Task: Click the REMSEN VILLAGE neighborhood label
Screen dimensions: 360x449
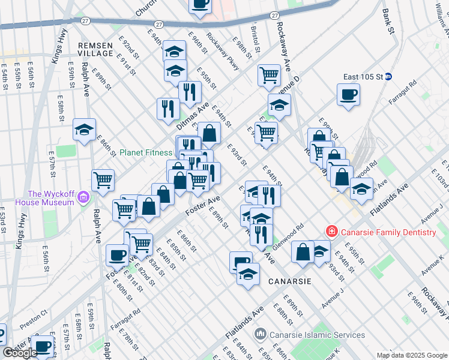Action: point(95,49)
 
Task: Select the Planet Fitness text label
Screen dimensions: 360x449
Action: point(145,152)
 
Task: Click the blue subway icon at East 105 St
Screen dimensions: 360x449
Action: point(388,76)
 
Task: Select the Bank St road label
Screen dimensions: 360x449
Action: point(389,21)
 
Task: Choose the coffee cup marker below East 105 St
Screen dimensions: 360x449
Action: point(348,95)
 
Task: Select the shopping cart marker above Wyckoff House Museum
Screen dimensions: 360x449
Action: point(103,180)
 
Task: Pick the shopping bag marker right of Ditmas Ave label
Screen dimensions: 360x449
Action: point(209,134)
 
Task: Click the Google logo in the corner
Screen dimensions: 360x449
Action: point(20,353)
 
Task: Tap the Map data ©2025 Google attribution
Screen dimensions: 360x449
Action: point(412,355)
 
